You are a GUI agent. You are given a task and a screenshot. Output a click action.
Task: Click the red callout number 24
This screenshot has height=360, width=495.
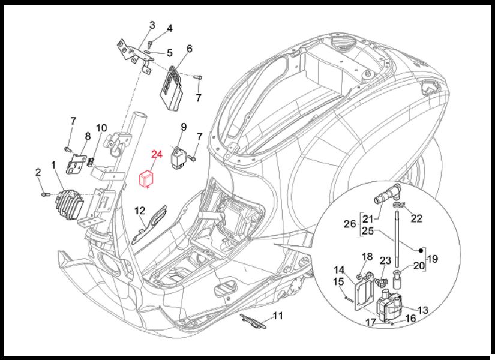coord(157,155)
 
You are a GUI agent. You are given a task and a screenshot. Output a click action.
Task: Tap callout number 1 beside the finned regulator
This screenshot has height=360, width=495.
coord(53,164)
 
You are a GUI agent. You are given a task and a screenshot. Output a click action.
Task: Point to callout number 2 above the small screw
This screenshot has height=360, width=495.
coord(38,173)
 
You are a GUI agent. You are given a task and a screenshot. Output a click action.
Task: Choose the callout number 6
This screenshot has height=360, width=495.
coord(189,49)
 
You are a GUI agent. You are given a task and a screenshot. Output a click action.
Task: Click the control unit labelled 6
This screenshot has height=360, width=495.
coord(172,88)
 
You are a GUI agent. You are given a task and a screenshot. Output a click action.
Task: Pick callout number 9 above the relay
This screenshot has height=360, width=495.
coord(184,127)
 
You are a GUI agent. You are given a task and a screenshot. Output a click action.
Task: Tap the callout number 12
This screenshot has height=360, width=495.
coord(139,211)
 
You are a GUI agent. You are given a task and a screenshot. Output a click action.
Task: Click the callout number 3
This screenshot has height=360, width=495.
coord(152,25)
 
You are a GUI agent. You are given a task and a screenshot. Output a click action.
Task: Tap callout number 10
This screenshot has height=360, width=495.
coord(101,128)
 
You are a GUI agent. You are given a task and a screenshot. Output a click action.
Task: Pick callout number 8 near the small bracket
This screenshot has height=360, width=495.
coord(88,137)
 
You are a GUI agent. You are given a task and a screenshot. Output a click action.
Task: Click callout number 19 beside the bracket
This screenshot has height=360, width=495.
coord(433,260)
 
